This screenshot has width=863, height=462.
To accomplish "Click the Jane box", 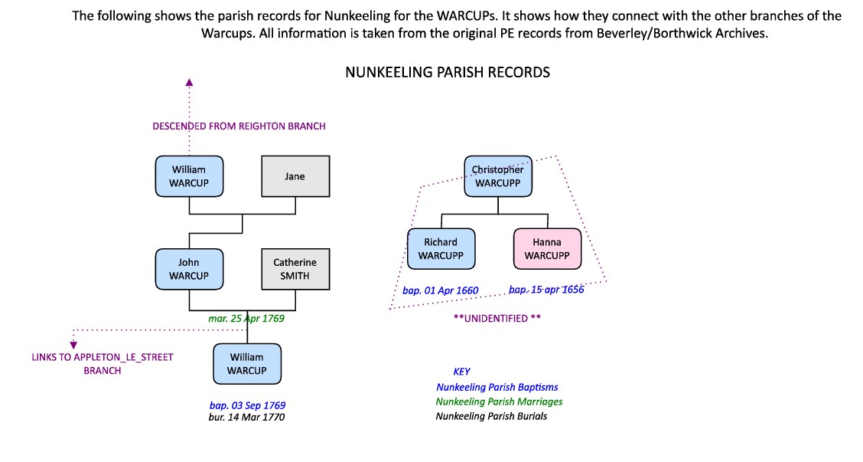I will (295, 176).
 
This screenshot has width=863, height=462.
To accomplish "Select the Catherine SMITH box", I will (295, 269).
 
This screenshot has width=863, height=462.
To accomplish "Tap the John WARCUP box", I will (189, 269).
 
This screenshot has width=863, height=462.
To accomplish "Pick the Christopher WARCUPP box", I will (498, 176).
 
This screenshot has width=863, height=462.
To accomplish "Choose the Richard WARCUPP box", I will (441, 249).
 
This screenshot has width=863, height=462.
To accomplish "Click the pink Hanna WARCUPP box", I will (547, 249).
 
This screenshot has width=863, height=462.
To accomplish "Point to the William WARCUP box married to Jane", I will (189, 176).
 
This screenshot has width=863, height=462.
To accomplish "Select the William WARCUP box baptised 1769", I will (246, 363).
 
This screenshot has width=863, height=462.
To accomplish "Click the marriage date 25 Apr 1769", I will (247, 317).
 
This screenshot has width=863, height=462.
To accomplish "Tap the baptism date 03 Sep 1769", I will (247, 405).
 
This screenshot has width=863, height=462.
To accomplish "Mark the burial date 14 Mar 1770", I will (247, 418).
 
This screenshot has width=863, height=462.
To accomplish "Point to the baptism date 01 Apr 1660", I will (440, 291).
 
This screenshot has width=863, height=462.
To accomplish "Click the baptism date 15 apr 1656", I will (546, 290).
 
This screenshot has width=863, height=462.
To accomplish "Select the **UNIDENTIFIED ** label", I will (497, 318).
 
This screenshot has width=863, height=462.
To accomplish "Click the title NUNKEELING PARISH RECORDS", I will (448, 73).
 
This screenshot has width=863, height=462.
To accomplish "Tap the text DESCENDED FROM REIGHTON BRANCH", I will (239, 126).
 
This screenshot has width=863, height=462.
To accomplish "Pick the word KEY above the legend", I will (462, 372).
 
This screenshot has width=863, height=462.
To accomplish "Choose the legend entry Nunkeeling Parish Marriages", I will (499, 401).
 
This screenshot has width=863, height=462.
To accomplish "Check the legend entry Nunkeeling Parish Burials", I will (491, 416).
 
